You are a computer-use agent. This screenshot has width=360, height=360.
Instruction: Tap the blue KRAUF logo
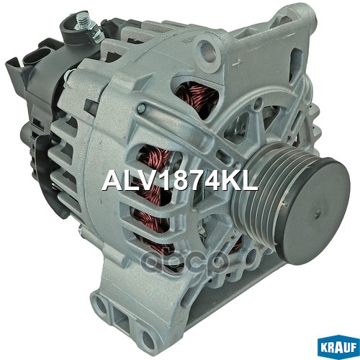338,347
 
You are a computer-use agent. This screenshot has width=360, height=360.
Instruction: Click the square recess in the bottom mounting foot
122,318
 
